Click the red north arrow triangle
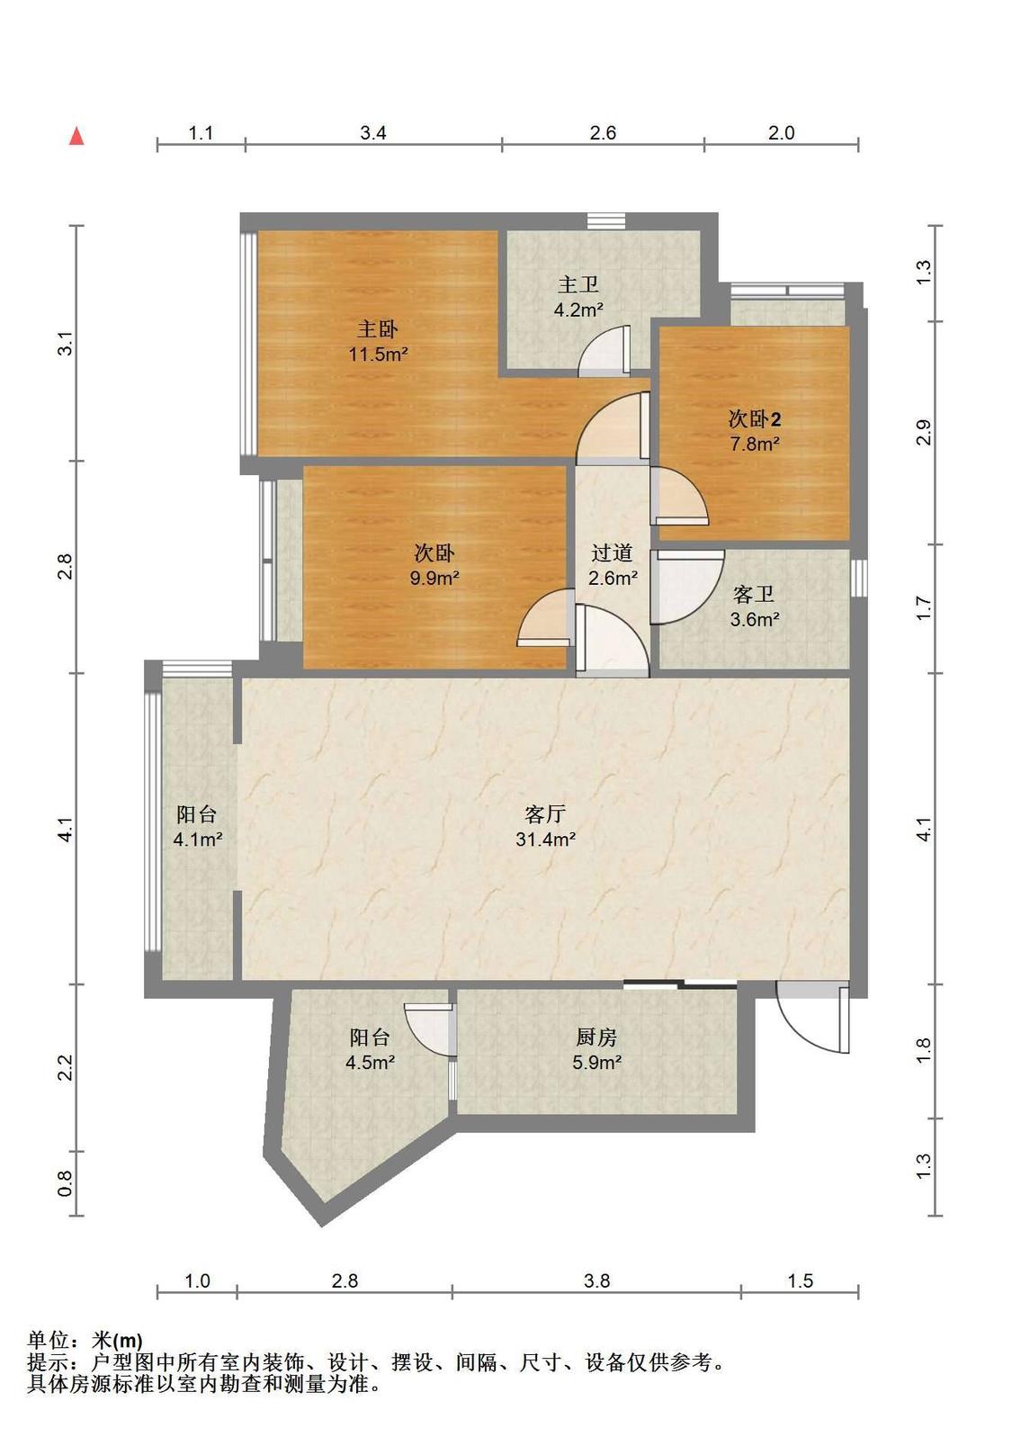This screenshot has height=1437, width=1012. tap(77, 136)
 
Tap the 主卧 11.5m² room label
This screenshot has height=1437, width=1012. tap(378, 341)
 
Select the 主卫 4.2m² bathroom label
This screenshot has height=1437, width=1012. tap(578, 297)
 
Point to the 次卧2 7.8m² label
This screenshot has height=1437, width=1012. tap(754, 431)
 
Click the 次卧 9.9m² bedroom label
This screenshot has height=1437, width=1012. tap(434, 565)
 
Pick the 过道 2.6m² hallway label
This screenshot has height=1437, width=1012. tap(613, 565)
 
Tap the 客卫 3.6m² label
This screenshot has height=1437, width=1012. tap(754, 606)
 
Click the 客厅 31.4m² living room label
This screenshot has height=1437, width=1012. tap(545, 826)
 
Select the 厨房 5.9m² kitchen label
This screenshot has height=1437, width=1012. tap(596, 1049)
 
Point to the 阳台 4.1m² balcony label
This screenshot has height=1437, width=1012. tap(198, 826)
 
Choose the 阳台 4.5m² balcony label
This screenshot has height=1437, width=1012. tap(370, 1049)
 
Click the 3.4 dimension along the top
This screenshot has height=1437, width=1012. tap(372, 133)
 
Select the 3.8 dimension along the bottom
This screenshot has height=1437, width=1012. tap(596, 1280)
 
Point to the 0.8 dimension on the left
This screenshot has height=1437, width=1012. tap(65, 1183)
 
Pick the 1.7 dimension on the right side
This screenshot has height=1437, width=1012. tap(923, 608)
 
